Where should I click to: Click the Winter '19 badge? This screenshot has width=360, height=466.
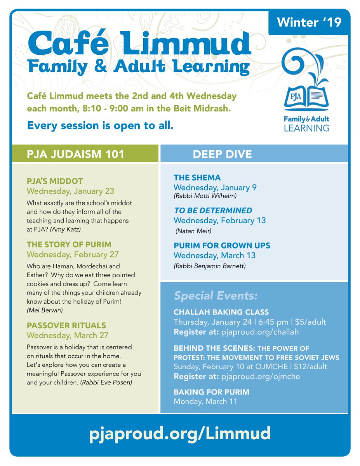(309, 23)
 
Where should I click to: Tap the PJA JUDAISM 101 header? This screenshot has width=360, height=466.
(75, 154)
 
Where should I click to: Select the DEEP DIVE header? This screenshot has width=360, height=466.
(222, 154)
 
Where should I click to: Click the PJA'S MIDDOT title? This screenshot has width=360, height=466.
(55, 181)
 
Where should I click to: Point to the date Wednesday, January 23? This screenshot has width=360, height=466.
(70, 191)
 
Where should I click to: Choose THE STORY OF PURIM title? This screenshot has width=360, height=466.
(69, 245)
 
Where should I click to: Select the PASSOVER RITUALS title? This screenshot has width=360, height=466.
(66, 325)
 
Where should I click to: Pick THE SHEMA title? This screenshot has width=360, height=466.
(197, 178)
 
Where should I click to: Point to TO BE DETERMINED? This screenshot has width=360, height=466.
(213, 210)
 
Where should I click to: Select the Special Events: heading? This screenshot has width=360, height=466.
(216, 296)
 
